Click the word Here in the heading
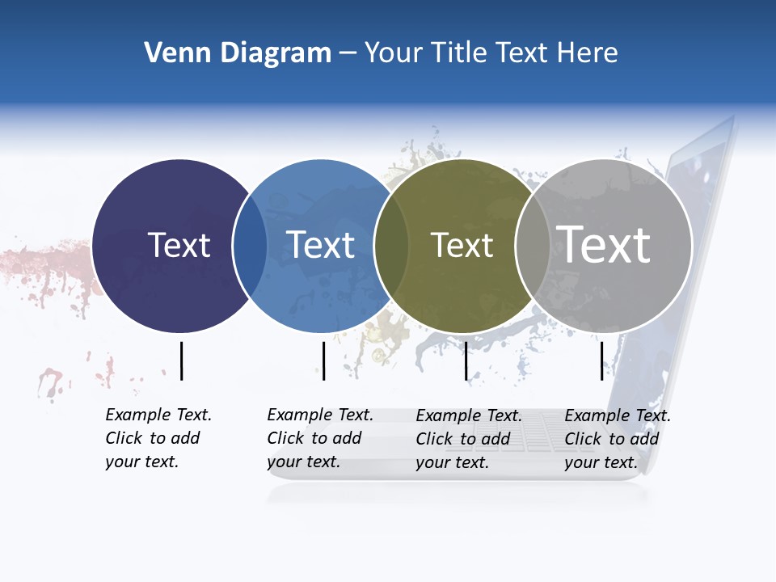pos(588,53)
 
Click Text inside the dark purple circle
pos(179,245)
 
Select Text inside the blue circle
pos(321,245)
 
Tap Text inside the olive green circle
pos(462,245)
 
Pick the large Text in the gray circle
pos(604,244)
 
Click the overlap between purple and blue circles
pos(250,246)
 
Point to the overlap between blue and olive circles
pos(391,246)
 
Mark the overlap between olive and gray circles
pos(531,246)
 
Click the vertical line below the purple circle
pos(182,361)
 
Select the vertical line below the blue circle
pos(323,361)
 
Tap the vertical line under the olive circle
pos(466,361)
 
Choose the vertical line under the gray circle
pos(602,361)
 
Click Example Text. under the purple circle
pos(158,415)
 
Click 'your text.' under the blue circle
pos(303,462)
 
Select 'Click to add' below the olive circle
pos(463,439)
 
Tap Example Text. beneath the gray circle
pos(618,415)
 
